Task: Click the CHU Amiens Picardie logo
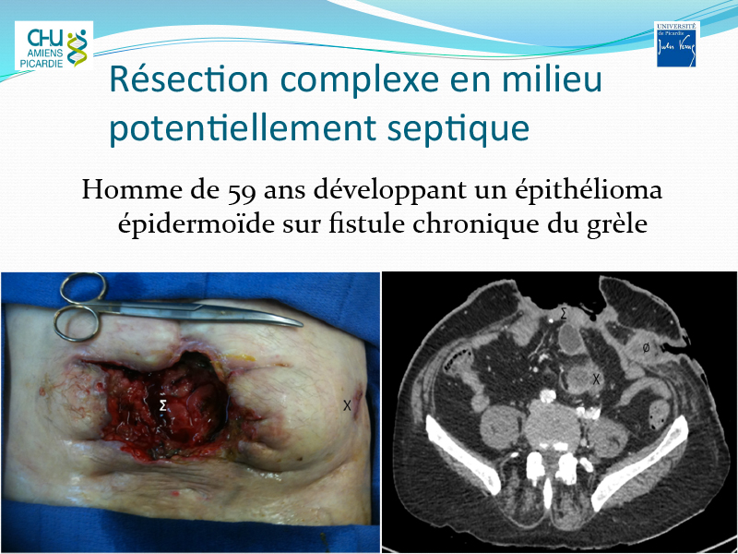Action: pyautogui.click(x=54, y=45)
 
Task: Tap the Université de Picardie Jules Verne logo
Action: pyautogui.click(x=676, y=44)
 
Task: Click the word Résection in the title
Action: pyautogui.click(x=189, y=79)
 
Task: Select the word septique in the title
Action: pyautogui.click(x=458, y=128)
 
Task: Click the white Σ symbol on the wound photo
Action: pyautogui.click(x=163, y=404)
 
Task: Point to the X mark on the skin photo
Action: pyautogui.click(x=348, y=405)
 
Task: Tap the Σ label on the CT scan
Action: pyautogui.click(x=564, y=314)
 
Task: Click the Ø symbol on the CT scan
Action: pyautogui.click(x=647, y=348)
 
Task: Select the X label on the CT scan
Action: pyautogui.click(x=596, y=379)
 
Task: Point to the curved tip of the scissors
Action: pyautogui.click(x=301, y=324)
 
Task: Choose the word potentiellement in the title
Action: pyautogui.click(x=243, y=128)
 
